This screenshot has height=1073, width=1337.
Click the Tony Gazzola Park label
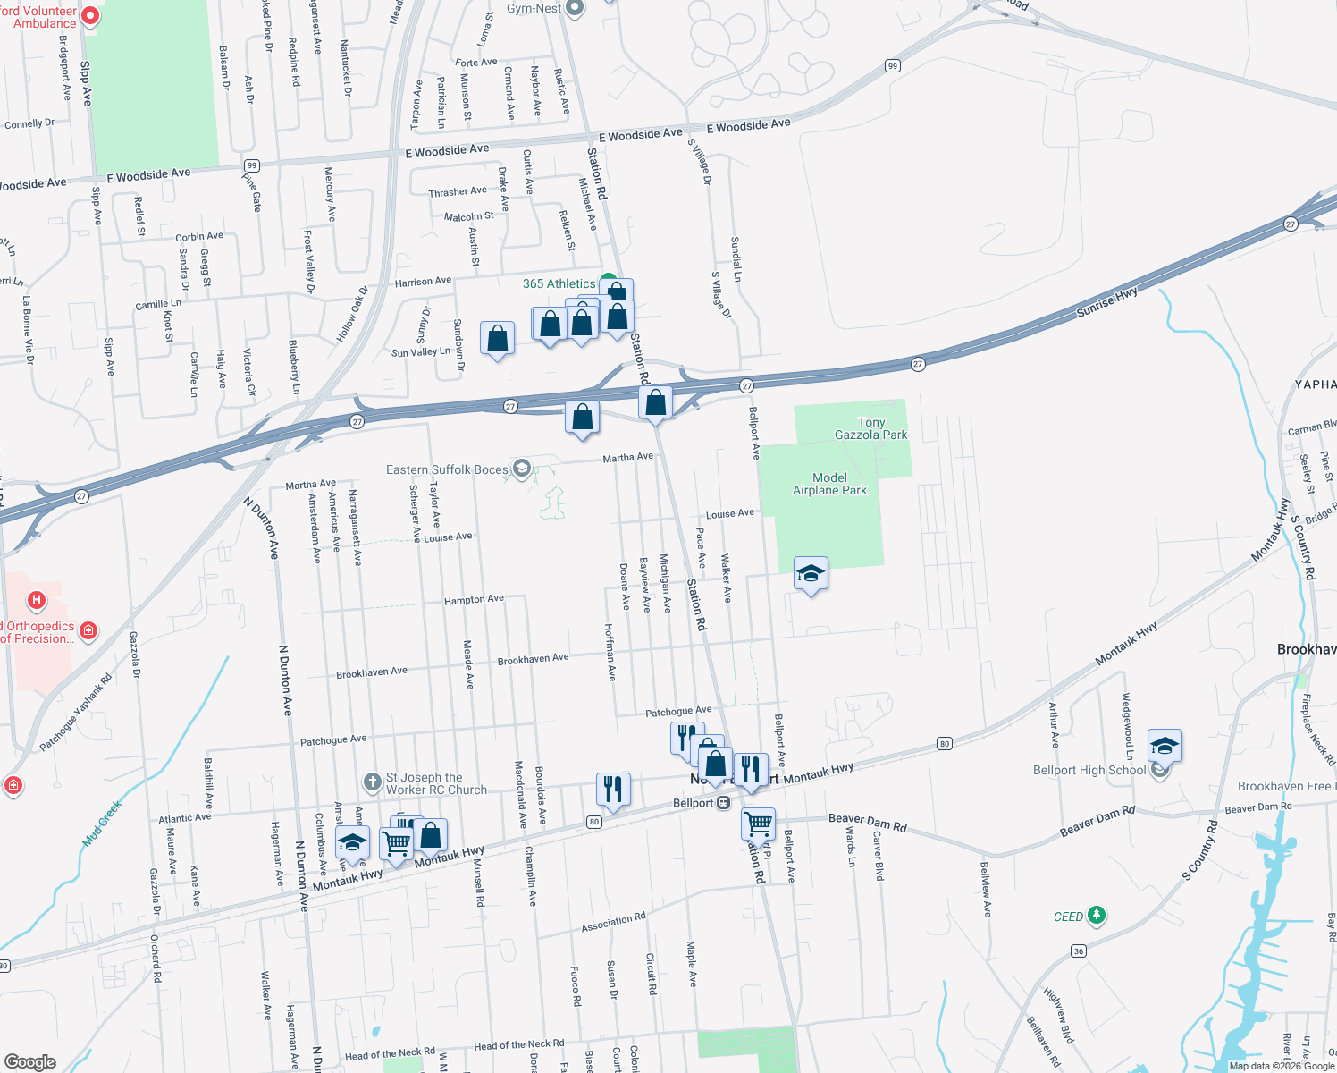(x=870, y=428)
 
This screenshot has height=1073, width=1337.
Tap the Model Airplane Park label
(x=829, y=484)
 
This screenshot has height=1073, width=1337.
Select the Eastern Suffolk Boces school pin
(x=522, y=469)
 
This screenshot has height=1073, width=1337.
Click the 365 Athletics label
(x=559, y=283)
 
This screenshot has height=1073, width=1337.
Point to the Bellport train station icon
(x=724, y=803)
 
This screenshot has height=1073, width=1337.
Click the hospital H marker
(x=37, y=600)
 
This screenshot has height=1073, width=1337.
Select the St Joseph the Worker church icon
(x=373, y=782)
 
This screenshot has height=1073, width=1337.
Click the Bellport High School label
(x=1089, y=770)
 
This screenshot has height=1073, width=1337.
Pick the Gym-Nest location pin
(x=575, y=8)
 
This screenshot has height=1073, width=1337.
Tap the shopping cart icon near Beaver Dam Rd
(x=758, y=822)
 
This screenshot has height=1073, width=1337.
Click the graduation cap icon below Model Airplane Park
(x=811, y=573)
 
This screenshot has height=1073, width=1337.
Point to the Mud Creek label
(x=102, y=824)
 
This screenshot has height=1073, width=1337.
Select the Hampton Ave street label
(x=474, y=600)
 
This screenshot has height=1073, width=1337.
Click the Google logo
(x=29, y=1061)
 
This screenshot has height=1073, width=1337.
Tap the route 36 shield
(x=1079, y=950)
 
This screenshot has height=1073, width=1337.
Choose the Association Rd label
(x=613, y=923)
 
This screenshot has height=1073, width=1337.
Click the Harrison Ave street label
(x=423, y=282)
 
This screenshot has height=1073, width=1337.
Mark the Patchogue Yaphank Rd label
(x=75, y=713)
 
